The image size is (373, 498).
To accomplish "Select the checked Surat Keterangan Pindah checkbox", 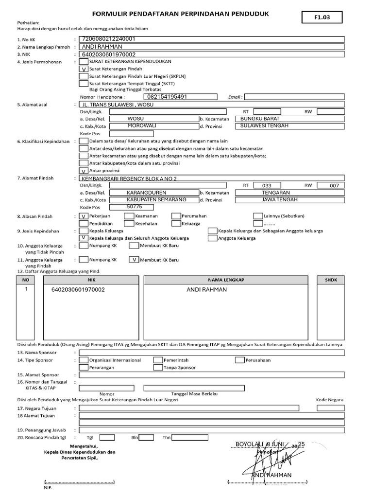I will click(84, 69).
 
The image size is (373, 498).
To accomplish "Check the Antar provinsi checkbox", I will click(84, 171).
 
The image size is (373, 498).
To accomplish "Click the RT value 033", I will click(267, 185).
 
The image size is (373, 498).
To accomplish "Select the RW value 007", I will click(334, 185).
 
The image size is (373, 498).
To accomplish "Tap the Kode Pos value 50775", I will click(135, 207).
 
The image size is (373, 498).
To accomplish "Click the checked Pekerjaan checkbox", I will click(84, 216).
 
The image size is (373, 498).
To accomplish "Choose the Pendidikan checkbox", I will click(84, 223).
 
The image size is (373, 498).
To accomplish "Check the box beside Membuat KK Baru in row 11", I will click(134, 260).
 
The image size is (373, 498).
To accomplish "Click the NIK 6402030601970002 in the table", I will click(78, 289).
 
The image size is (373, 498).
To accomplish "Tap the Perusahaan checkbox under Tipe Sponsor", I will click(239, 360).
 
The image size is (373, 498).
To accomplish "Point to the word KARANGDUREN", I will click(146, 193).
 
